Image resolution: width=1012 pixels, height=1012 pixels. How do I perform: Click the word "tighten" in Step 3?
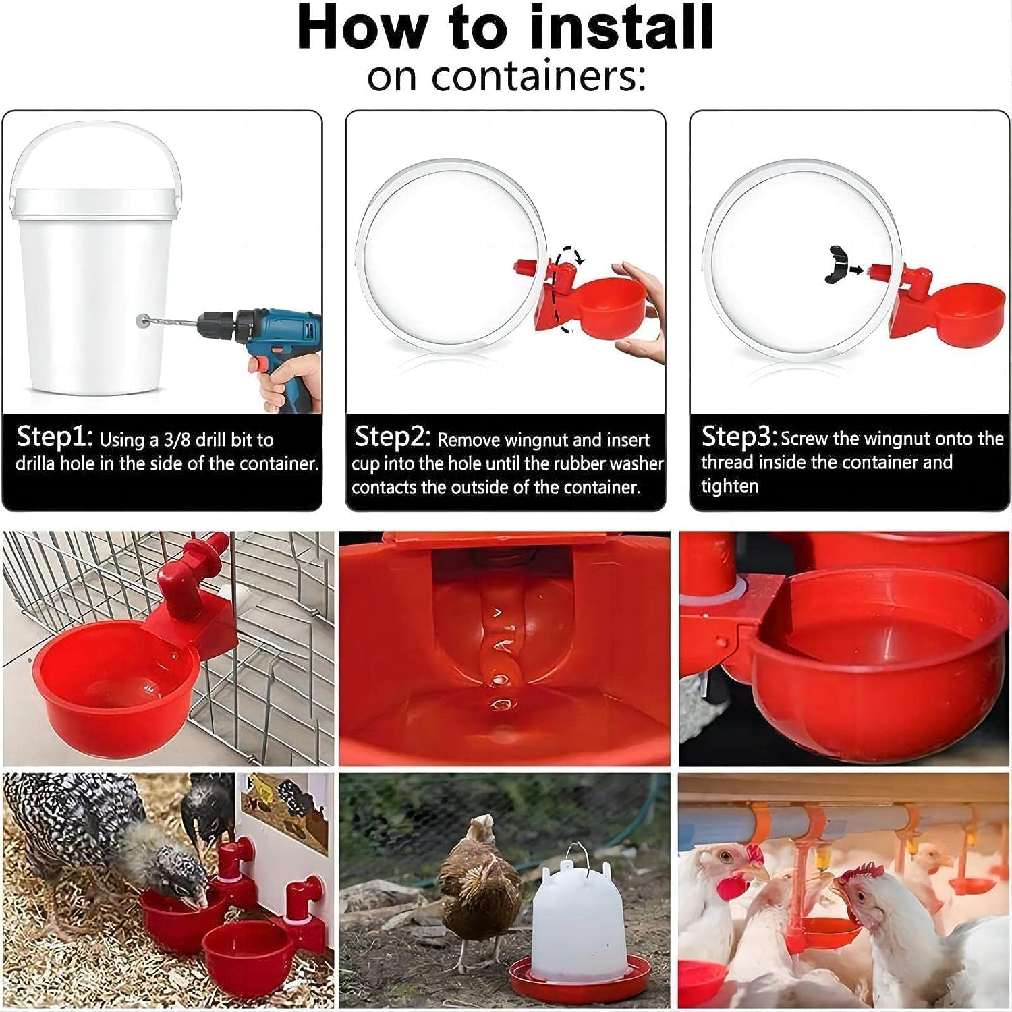click(729, 486)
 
